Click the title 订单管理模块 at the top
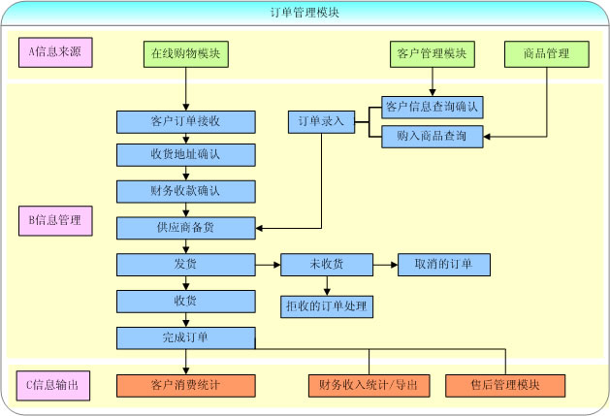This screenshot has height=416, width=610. click(305, 13)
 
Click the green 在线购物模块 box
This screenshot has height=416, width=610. click(185, 53)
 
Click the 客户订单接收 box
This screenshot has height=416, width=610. click(185, 122)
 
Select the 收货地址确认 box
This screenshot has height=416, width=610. click(185, 155)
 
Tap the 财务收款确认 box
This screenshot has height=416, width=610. click(185, 191)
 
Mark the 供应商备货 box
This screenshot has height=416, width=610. click(185, 228)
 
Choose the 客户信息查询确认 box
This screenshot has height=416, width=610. click(433, 106)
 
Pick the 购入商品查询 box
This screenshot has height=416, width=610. click(433, 137)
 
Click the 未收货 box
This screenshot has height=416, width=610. click(326, 264)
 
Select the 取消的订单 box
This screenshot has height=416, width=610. click(443, 264)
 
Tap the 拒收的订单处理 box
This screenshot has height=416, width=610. click(326, 306)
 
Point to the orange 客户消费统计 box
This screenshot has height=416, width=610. click(185, 385)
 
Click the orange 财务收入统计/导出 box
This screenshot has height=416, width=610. click(369, 385)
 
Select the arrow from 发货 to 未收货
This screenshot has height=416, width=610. click(268, 264)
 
